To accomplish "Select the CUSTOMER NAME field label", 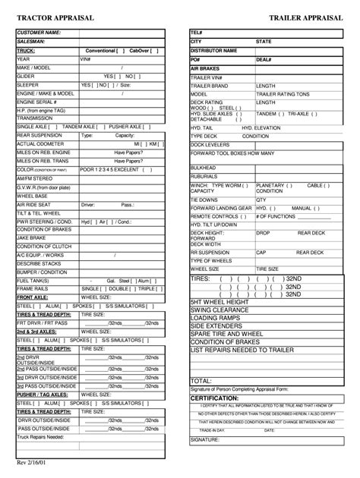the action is (x=39, y=33).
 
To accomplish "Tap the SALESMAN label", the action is (x=32, y=42).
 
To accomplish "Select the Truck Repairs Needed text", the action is (x=41, y=437).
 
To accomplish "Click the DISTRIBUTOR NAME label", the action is (x=213, y=50).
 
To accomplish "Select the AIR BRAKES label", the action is (x=204, y=68).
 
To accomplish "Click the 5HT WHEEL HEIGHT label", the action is (x=221, y=301).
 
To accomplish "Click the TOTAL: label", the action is (x=201, y=381).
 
